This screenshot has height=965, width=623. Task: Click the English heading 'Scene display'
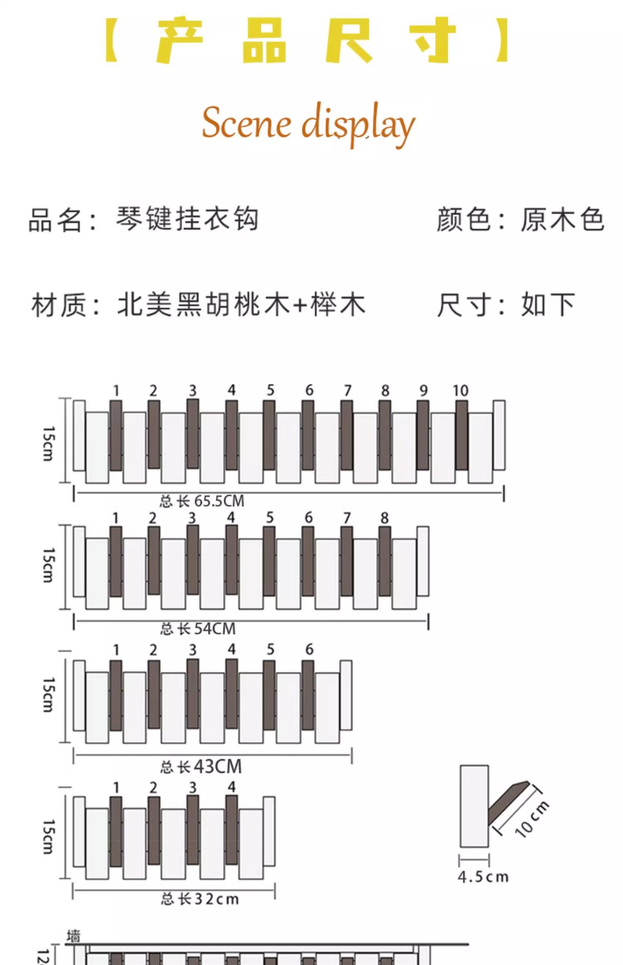pos(308,124)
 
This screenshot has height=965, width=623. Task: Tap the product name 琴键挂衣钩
pos(187,219)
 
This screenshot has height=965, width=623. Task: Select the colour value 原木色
pos(562,220)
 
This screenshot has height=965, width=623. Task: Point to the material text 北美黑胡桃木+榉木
pos(241,305)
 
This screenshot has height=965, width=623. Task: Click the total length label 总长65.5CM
pos(202,501)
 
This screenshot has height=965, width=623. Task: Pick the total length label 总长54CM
pos(198,628)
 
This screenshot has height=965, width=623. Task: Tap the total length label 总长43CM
pos(201,767)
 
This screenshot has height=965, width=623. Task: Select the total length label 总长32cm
pos(200,899)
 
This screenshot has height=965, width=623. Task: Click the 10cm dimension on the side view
pos(532,819)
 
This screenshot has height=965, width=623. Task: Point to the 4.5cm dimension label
pos(483,877)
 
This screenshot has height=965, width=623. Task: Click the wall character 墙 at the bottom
pos(74,936)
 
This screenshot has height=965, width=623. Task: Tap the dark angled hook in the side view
pos(507,802)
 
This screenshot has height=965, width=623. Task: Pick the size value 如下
pos(548,305)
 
